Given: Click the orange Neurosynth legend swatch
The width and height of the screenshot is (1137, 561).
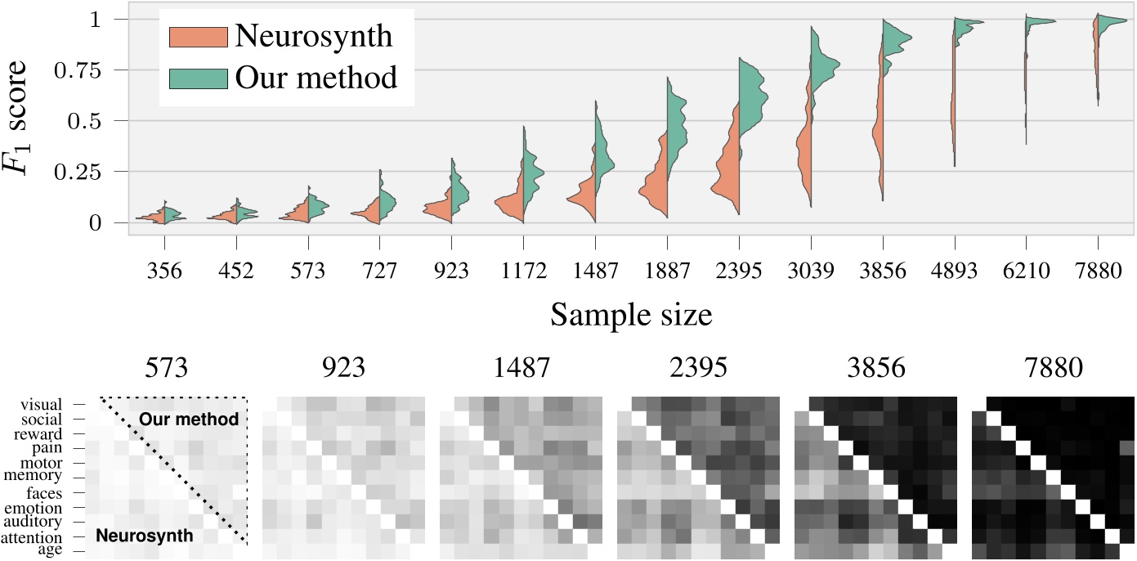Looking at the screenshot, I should tap(197, 36).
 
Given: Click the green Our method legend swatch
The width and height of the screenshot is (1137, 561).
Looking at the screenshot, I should tap(197, 77).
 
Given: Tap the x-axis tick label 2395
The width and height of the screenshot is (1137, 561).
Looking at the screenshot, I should tap(738, 271).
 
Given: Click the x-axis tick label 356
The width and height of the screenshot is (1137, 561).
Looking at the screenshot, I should tap(164, 271).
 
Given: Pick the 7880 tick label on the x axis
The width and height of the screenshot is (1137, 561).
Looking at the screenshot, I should tap(1098, 271).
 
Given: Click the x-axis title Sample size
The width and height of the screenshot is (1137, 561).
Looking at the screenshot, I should tap(631, 314).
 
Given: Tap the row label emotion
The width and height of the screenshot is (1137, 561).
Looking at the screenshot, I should tap(45, 508).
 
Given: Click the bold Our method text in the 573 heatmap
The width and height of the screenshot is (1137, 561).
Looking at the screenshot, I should tap(188, 420).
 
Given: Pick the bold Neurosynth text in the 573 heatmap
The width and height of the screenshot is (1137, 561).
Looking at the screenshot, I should tap(145, 536).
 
